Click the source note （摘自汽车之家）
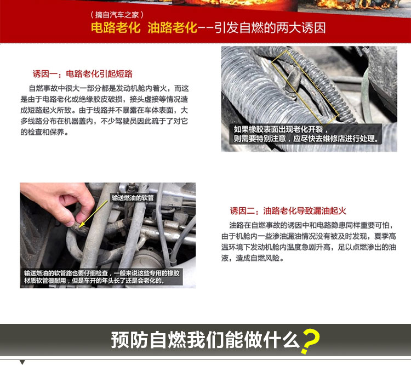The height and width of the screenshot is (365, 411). pos(117,15)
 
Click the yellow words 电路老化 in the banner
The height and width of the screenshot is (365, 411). pos(116,27)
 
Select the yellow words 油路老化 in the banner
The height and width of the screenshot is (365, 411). pos(172,27)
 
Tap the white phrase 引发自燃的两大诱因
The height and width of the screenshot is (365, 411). pos(270,27)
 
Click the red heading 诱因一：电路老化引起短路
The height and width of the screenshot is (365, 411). pos(83,74)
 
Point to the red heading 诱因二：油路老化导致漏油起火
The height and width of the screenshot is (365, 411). pos(288,211)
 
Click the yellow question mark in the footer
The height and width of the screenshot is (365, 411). pos(311,341)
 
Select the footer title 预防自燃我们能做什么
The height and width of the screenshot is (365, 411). pos(206,340)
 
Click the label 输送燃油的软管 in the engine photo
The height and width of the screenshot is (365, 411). pos(133,198)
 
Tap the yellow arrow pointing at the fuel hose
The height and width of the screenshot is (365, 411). pos(93,214)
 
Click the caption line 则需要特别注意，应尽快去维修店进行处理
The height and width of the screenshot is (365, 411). pos(306,138)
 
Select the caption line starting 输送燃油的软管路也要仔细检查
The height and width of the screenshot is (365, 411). pos(102,273)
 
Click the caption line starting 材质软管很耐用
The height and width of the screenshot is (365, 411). pos(95,281)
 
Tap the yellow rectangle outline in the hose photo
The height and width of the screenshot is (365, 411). pos(305,87)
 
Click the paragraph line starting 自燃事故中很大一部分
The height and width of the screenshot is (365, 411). pos(109,88)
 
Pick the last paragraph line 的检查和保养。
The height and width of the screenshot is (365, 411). pos(45,132)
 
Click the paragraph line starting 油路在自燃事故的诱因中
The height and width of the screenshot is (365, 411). pos(312,225)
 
